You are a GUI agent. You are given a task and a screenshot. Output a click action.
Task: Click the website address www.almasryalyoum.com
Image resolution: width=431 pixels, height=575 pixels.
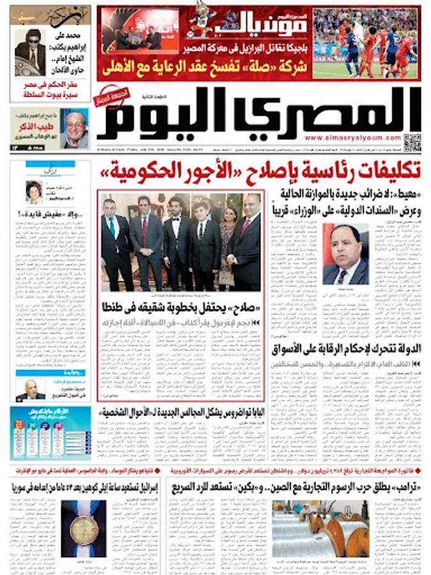(x=352, y=137)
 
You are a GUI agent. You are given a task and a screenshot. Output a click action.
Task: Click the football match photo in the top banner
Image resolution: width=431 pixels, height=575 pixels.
(x=366, y=43)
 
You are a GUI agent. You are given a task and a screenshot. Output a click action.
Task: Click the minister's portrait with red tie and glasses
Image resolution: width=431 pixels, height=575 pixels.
(x=345, y=254)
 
